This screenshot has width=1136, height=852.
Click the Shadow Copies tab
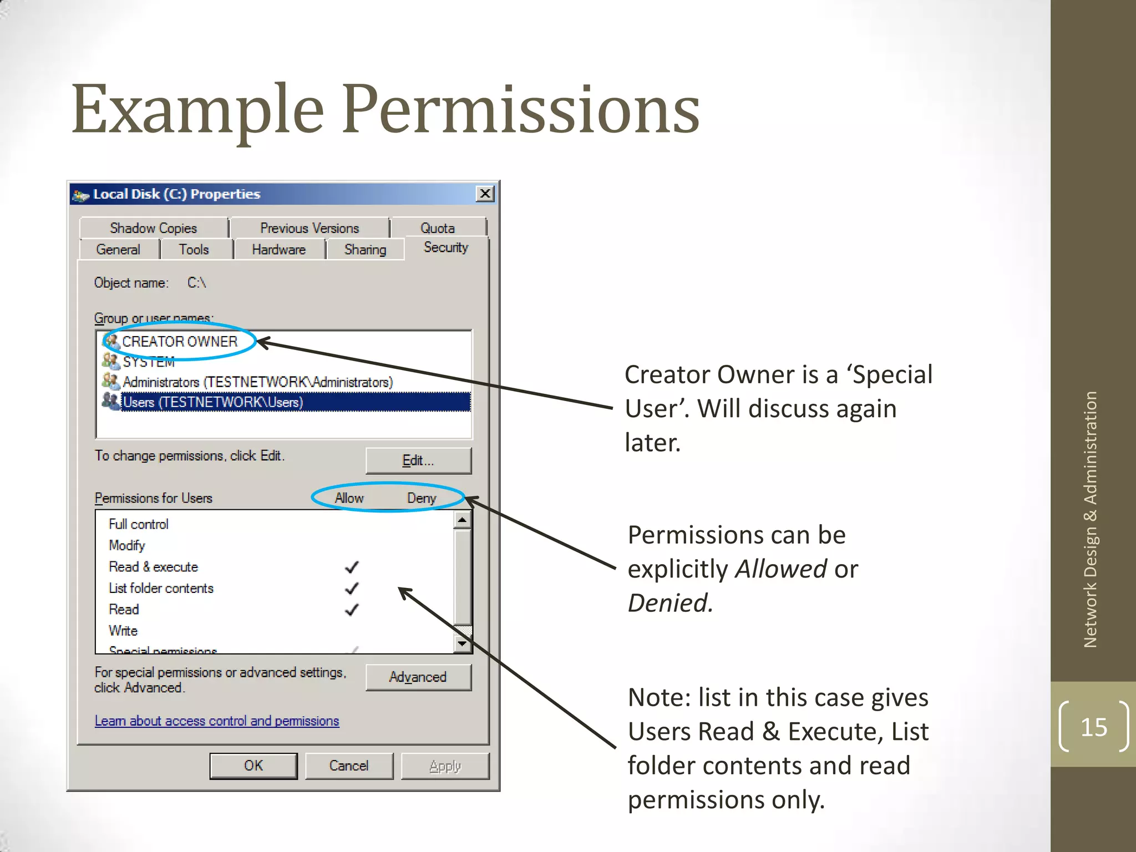point(154,228)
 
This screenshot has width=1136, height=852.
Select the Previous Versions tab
point(310,228)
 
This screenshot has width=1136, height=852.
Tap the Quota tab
point(438,228)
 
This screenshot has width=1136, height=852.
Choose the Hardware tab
point(278,250)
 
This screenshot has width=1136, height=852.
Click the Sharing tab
point(365,250)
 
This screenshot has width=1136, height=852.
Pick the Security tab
point(446,247)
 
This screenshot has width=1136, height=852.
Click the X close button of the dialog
point(485,194)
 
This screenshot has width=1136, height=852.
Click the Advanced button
point(418,677)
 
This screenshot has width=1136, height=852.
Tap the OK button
point(253,765)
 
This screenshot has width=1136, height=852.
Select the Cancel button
point(349,765)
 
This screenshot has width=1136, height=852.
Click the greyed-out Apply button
point(445,765)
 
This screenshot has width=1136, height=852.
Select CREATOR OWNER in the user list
point(180,341)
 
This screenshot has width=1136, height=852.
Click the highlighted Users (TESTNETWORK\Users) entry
point(213,402)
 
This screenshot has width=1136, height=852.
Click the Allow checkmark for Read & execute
point(352,567)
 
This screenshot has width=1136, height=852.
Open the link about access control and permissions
point(217,721)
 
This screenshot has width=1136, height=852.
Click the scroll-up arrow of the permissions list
point(462,520)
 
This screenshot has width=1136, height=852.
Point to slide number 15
point(1094,727)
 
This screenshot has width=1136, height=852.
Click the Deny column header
point(422,498)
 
